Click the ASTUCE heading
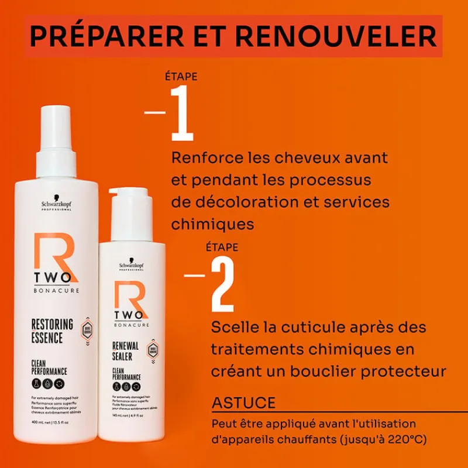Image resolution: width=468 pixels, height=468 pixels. [243, 403]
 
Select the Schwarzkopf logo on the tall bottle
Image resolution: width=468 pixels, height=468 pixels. [56, 204]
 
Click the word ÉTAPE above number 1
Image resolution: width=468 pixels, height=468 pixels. [181, 77]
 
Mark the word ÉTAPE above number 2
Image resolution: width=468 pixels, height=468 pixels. [222, 247]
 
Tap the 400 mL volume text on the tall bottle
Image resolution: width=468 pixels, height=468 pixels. [39, 422]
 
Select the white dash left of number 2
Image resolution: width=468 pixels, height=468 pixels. [194, 274]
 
